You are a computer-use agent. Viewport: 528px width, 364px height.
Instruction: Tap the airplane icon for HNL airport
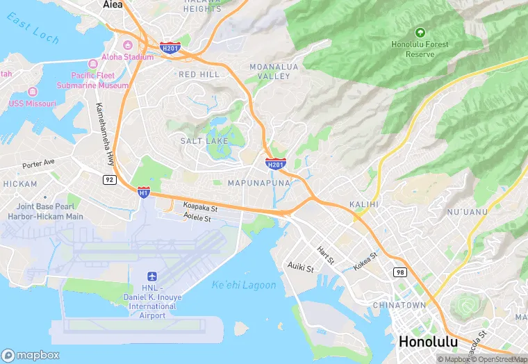(152, 276)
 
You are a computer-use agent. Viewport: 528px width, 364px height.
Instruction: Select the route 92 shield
(109, 179)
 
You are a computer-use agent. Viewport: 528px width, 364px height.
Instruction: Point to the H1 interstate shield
(143, 191)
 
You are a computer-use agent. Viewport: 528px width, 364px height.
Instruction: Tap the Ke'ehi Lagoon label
(244, 286)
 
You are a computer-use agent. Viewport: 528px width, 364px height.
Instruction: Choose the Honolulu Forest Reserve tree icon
(420, 32)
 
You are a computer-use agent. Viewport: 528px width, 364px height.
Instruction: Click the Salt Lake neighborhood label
(200, 140)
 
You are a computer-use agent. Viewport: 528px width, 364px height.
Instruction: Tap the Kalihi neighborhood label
(364, 204)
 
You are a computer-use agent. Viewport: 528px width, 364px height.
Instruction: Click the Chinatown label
(399, 305)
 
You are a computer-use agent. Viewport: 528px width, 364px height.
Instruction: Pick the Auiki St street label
(302, 267)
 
